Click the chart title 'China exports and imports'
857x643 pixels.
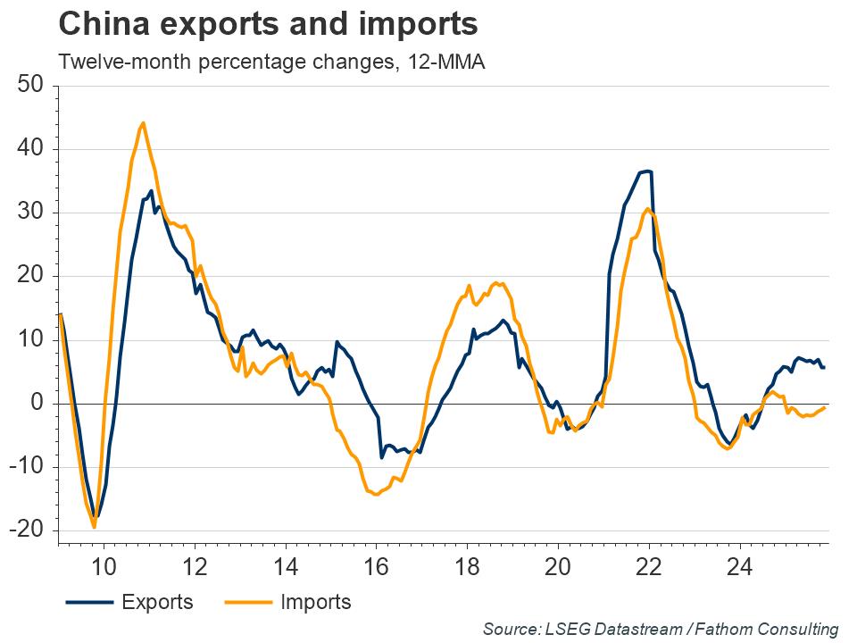(267, 24)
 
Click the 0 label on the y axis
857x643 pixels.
(37, 403)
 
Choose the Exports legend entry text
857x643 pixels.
(157, 602)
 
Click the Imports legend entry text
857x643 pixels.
(315, 602)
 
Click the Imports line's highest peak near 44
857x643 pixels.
(143, 123)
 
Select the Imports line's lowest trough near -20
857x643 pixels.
(95, 527)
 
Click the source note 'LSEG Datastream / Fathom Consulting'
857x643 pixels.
(661, 630)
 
